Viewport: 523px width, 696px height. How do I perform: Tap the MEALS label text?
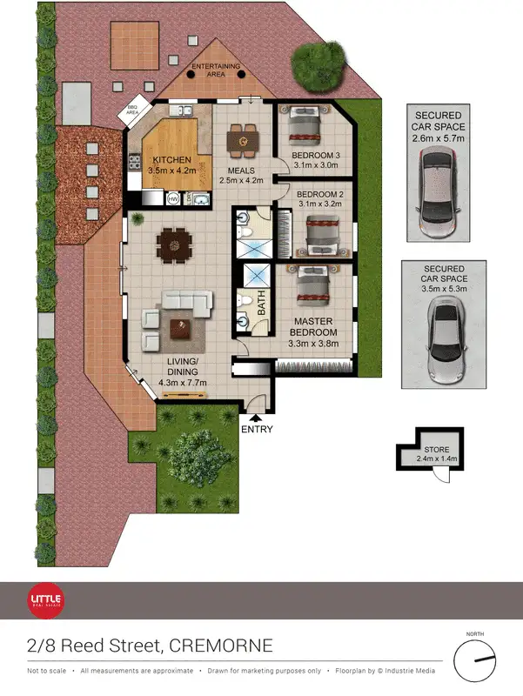(240, 170)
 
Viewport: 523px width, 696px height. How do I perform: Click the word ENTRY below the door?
(256, 429)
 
